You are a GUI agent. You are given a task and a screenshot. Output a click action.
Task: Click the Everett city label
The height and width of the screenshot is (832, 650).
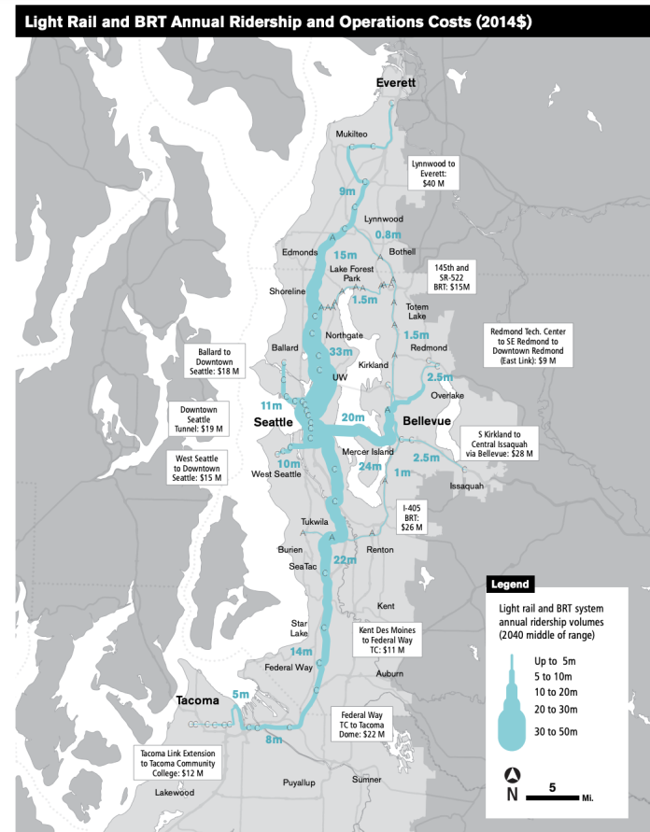pos(395,83)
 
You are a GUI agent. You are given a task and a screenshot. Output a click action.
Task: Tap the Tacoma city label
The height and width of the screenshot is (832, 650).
pos(194,700)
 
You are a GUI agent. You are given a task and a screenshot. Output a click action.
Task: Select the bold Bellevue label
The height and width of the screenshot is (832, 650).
pos(427,422)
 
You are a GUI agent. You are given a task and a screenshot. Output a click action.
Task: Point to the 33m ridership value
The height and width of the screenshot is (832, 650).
pos(341,352)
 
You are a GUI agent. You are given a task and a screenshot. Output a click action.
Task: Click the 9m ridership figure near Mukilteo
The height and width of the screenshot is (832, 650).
pos(348,191)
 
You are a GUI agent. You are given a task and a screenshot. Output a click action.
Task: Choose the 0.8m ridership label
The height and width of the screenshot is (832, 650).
pos(388,233)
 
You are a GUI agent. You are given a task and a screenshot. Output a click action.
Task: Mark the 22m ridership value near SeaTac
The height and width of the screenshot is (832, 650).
pos(345,559)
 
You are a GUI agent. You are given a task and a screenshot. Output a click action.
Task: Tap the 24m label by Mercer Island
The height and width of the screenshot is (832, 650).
pos(372,465)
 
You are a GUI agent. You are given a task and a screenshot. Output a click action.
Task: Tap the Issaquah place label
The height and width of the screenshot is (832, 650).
pos(467,487)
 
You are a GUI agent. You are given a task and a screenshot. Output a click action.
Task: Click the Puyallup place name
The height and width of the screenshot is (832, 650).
pos(306,783)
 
